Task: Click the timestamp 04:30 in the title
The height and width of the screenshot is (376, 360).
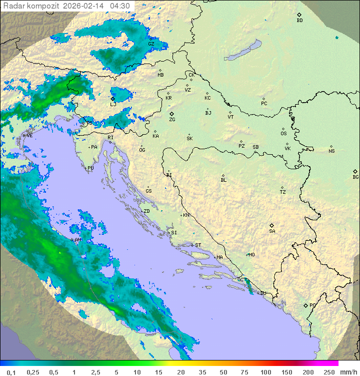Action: [x=120, y=6]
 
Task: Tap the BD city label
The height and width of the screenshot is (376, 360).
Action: [x=299, y=21]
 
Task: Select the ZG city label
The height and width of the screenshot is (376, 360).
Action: [x=172, y=120]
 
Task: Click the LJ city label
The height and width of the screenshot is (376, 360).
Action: [x=113, y=104]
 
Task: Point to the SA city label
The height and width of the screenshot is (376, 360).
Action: [x=272, y=231]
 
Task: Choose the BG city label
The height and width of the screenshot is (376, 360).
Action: [x=355, y=177]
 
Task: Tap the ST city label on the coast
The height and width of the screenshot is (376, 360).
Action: [x=198, y=245]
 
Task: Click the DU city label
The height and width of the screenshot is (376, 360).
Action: [x=262, y=293]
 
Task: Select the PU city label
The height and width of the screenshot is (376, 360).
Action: [x=90, y=168]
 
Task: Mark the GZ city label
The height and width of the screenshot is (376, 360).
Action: [x=151, y=44]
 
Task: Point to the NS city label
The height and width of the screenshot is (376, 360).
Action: [x=331, y=151]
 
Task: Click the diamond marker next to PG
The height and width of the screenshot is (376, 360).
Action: [x=305, y=305]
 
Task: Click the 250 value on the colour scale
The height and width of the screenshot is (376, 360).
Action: [x=328, y=372]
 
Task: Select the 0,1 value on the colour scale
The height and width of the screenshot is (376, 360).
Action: [x=11, y=372]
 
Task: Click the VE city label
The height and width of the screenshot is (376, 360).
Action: [x=29, y=136]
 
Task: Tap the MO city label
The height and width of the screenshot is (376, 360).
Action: [x=251, y=254]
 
